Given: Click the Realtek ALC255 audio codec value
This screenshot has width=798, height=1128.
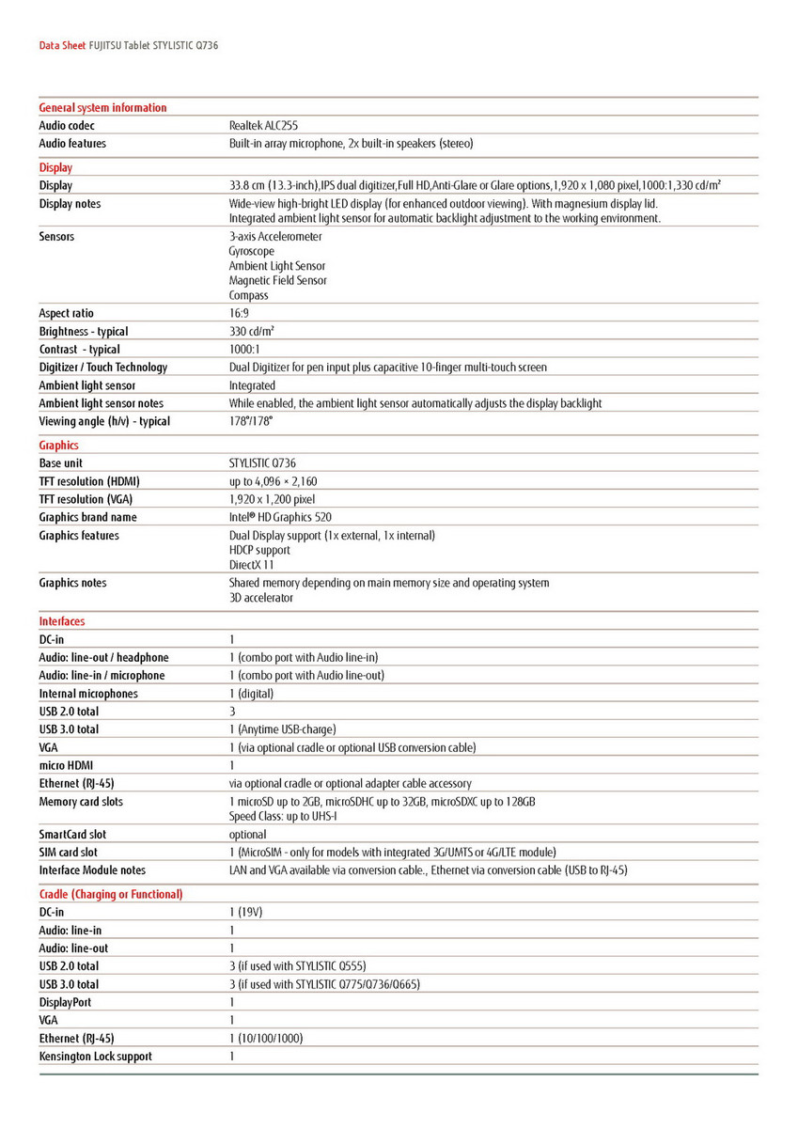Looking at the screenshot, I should coord(264,125).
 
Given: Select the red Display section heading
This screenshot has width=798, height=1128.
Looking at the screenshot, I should coord(55,167).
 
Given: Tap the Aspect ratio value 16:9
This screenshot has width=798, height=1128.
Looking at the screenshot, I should coord(239,313).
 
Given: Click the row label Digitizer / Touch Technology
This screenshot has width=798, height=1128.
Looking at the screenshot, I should coord(103,368).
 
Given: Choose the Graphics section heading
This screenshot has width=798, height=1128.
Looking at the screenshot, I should coord(59,446).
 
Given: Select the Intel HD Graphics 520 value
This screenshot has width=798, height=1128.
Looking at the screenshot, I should coord(280,517).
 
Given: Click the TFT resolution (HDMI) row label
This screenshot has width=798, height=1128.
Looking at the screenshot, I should coord(89,481).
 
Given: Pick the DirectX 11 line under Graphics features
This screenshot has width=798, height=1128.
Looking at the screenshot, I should coord(251,565).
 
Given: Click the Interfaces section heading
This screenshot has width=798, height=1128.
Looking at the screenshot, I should coord(62,621).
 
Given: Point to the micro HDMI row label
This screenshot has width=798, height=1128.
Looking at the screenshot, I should coord(67,765).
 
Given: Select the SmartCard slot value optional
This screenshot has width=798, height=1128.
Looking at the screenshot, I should coord(247,835).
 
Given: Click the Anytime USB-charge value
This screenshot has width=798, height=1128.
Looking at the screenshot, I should coord(282,729).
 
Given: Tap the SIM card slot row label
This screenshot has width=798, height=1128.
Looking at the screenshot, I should coord(69,853).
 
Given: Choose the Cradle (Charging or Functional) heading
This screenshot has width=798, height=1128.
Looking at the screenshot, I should coord(111,894).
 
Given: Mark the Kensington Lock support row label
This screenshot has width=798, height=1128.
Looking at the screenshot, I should coord(96,1057).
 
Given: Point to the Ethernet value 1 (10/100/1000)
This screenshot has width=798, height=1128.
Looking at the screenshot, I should coord(266,1039).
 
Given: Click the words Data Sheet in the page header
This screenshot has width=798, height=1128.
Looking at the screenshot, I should coord(62,45).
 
